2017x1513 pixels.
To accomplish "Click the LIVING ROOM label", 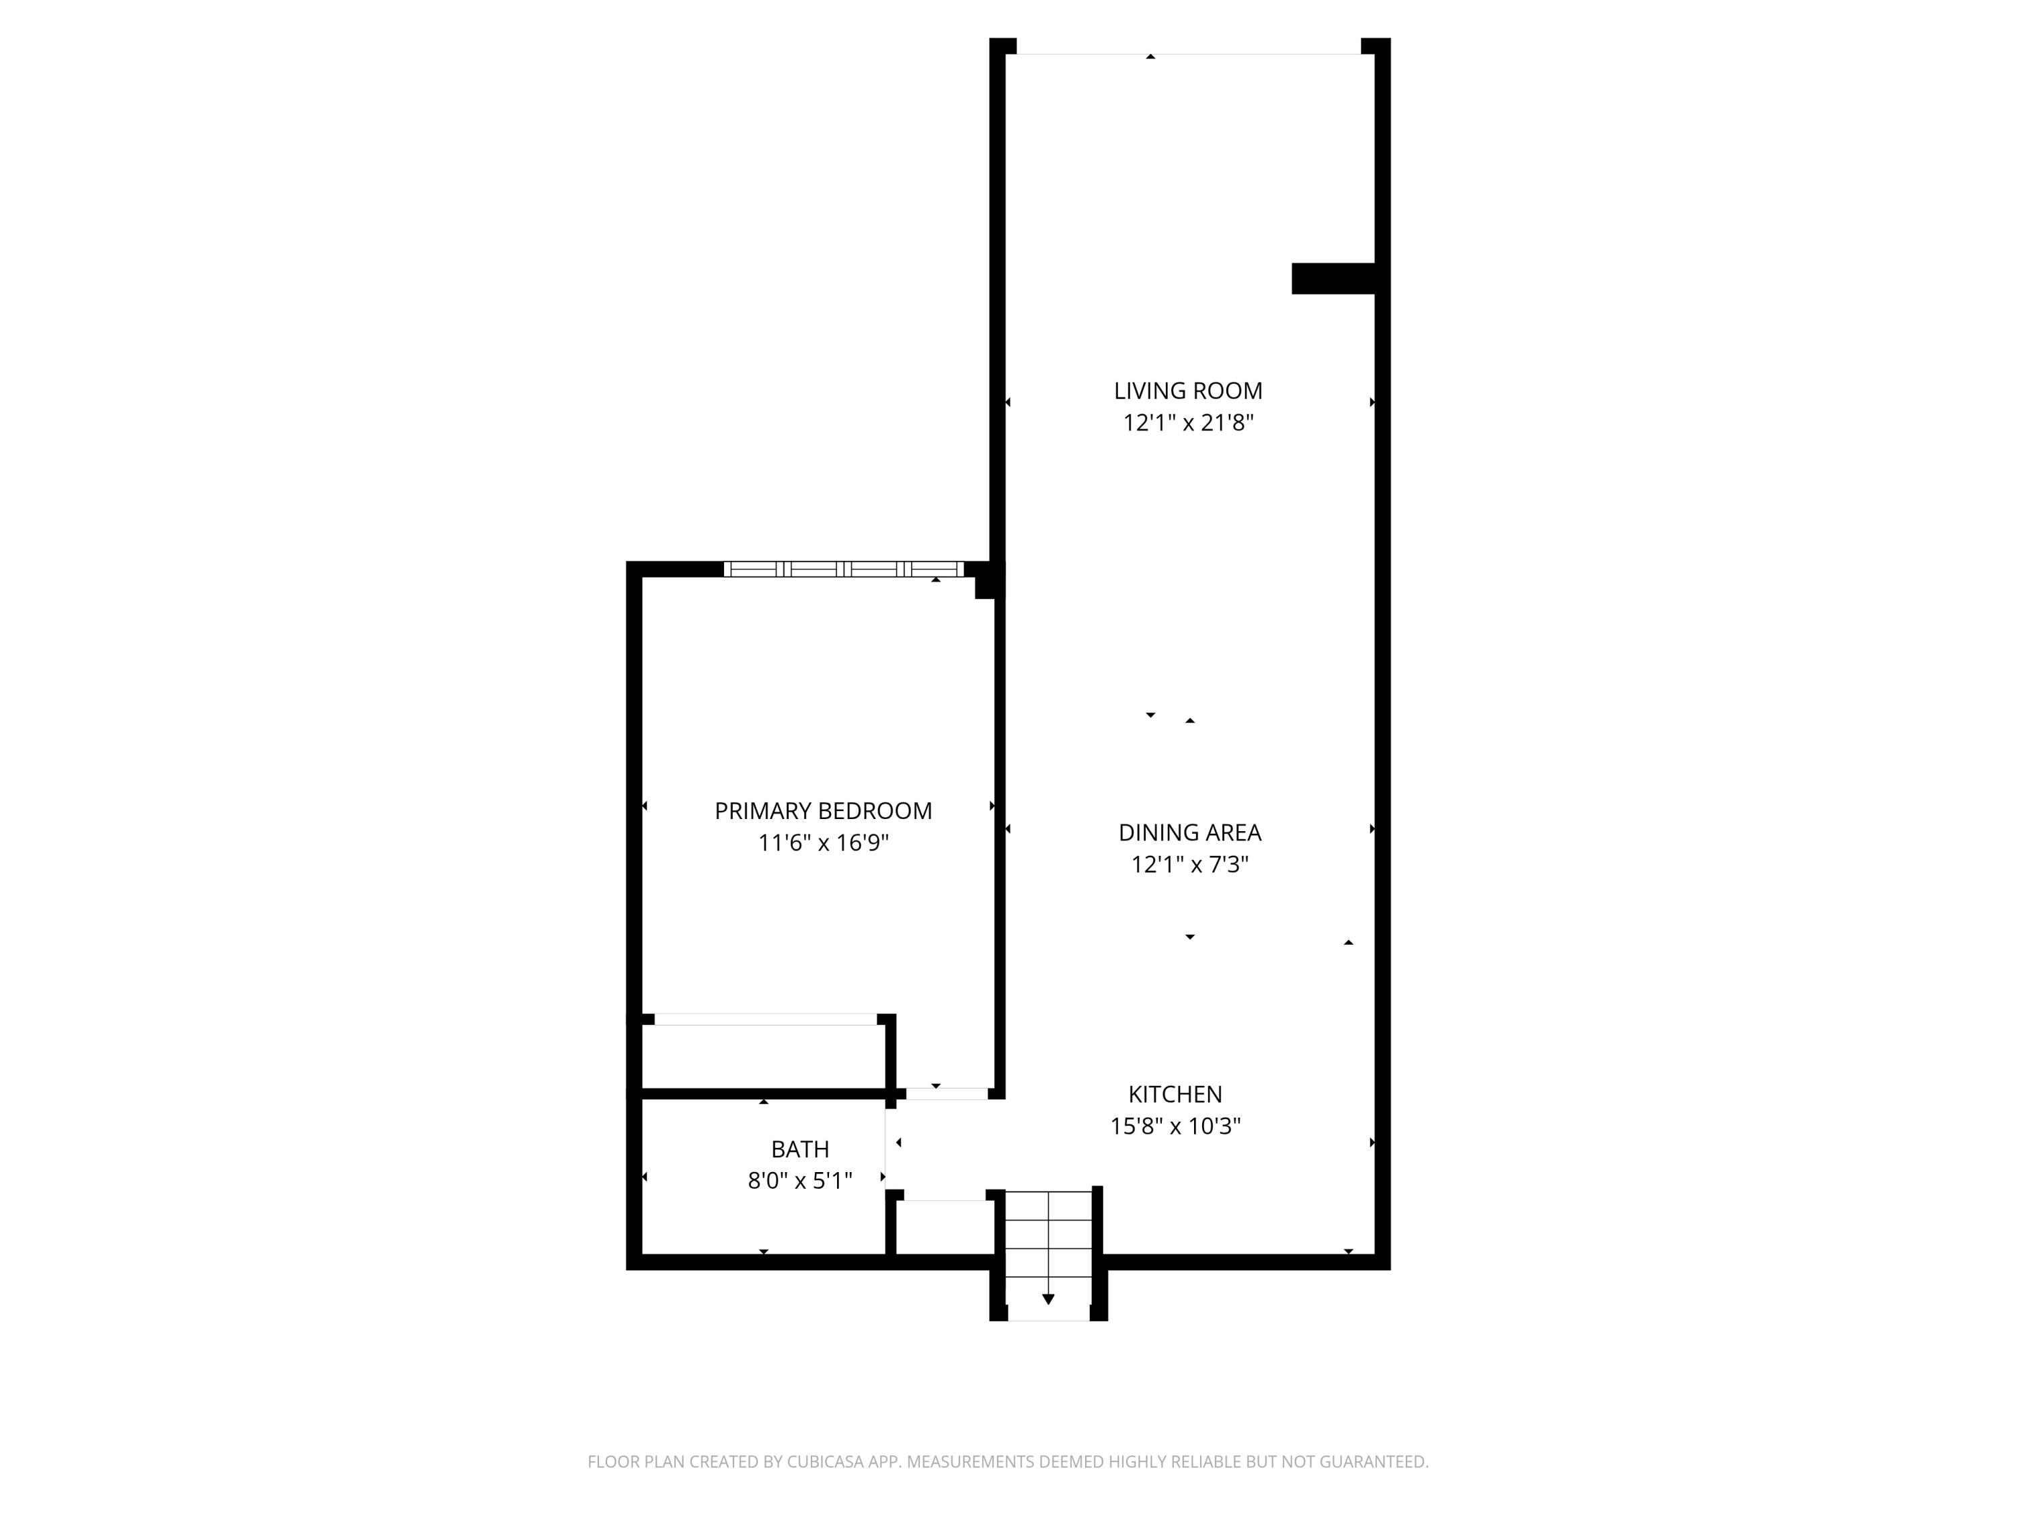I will [x=1187, y=390].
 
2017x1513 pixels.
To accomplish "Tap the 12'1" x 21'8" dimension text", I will [x=1187, y=423].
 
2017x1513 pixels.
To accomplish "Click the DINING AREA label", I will [x=1189, y=832].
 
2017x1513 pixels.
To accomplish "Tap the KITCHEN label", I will [x=1175, y=1094].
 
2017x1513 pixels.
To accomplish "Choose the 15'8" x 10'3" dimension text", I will [x=1175, y=1126].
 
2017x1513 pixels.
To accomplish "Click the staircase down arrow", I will [x=1047, y=1298].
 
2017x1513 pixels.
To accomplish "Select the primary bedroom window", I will [x=844, y=569].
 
